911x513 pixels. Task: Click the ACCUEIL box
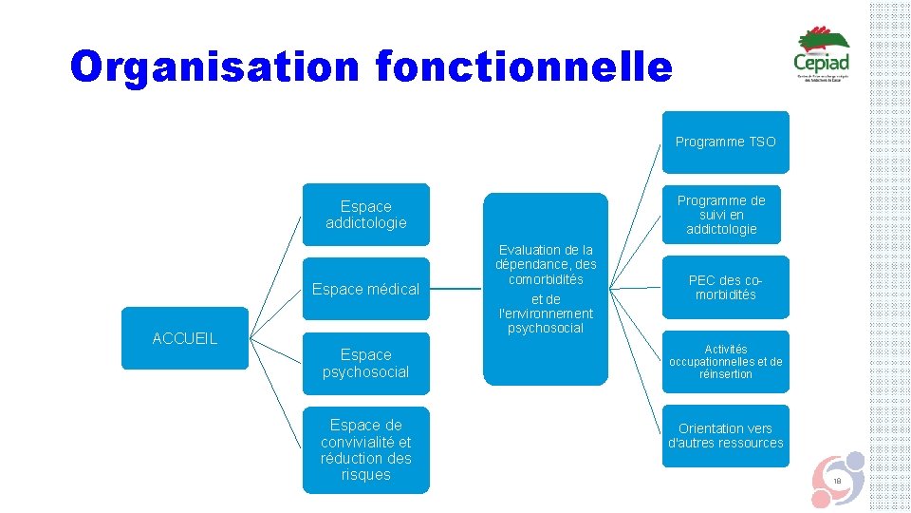tap(185, 337)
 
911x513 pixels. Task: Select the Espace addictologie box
tap(365, 215)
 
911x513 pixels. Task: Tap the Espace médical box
tap(365, 289)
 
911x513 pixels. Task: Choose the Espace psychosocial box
tap(365, 363)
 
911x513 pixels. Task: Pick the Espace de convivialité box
tap(365, 449)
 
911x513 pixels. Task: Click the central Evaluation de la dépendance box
tap(545, 289)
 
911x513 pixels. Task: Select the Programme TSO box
tap(725, 142)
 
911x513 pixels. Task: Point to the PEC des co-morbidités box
tap(725, 287)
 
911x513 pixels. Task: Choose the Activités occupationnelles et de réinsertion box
tap(725, 362)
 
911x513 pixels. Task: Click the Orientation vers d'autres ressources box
tap(725, 435)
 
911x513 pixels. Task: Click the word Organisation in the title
tap(214, 66)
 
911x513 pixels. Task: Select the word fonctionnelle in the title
tap(524, 66)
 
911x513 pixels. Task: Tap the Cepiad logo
tap(822, 54)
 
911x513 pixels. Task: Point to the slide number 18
tap(837, 483)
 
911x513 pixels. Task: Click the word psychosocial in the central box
tap(545, 329)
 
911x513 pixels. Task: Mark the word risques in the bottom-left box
tap(365, 475)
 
